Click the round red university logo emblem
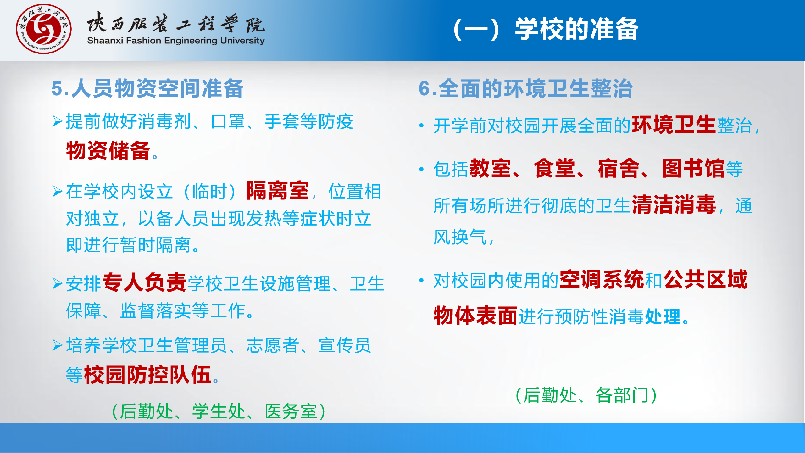point(44,29)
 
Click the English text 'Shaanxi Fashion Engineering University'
point(176,41)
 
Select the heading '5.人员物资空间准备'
point(147,88)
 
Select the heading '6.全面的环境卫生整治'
point(526,88)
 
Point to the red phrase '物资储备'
point(108,150)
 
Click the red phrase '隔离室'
point(278,191)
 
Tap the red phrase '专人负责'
point(145,282)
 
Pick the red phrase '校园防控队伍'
point(148,375)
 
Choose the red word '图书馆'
point(694,168)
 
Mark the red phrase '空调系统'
point(602,279)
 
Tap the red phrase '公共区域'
point(706,279)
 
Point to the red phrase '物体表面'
point(476,316)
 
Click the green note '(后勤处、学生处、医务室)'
point(219,411)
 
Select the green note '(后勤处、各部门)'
point(586,395)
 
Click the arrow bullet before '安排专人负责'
point(57,283)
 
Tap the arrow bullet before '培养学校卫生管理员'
point(57,345)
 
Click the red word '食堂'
point(555,168)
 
